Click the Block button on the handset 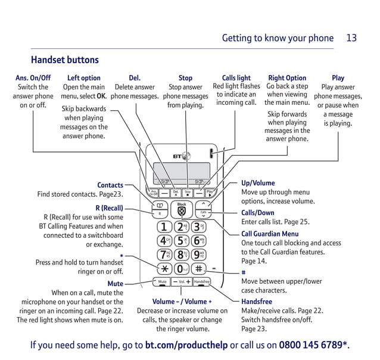point(182,210)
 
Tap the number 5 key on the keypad point(182,241)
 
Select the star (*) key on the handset point(163,268)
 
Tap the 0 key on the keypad point(182,268)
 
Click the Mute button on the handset point(162,281)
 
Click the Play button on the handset point(210,193)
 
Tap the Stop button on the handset point(188,193)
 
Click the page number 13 point(351,38)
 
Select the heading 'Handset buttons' point(65,60)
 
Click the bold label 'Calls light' point(236,78)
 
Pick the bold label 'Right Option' point(287,78)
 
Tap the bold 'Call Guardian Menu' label point(270,234)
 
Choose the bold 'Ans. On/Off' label point(33,78)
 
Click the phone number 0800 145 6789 point(313,345)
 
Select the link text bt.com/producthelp point(186,345)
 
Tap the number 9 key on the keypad point(201,255)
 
